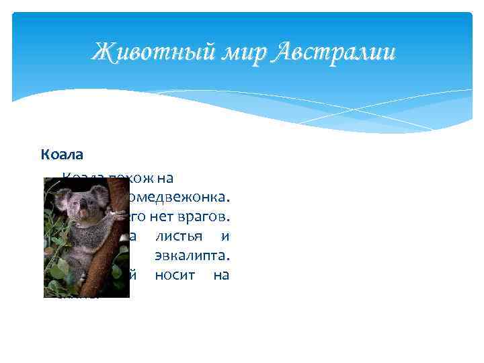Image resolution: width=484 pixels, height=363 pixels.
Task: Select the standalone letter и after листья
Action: pos(225,237)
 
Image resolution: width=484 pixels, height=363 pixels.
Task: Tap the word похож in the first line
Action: pos(130,178)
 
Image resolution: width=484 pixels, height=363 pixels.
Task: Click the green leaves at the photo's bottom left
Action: pos(57,279)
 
